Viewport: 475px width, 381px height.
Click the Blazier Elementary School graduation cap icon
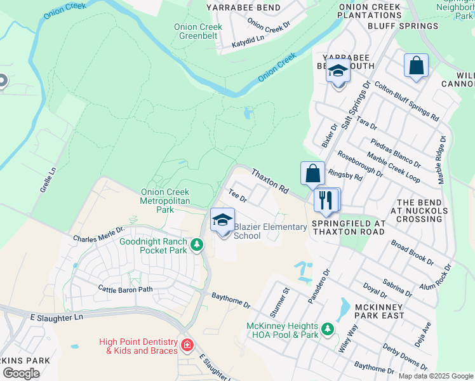[x=222, y=220]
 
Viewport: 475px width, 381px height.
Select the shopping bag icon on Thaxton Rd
[x=313, y=173]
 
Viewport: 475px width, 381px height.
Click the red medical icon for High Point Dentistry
[x=187, y=345]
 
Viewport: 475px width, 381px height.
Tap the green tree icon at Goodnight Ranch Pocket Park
[x=197, y=244]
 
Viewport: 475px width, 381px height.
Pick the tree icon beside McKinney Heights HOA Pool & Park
[x=327, y=329]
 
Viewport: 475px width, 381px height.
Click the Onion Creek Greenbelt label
[x=199, y=32]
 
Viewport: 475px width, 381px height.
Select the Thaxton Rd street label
[x=270, y=181]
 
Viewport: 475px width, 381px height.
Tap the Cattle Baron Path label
[x=126, y=289]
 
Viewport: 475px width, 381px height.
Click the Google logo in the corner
[x=21, y=373]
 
